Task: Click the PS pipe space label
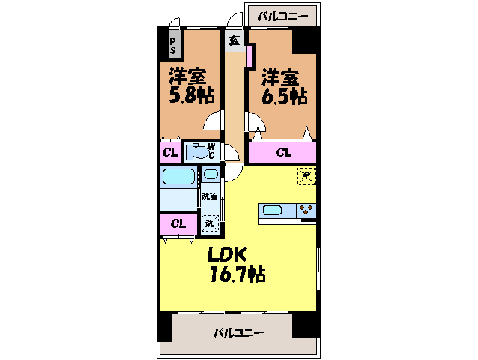[173, 46]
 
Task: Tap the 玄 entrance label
[234, 40]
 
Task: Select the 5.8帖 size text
[192, 95]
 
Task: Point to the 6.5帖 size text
[285, 96]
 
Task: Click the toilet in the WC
[196, 151]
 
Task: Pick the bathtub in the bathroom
[178, 177]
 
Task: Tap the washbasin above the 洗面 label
[211, 175]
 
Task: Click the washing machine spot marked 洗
[210, 223]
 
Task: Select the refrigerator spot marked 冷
[306, 176]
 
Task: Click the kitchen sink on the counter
[272, 211]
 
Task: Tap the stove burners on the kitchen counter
[306, 211]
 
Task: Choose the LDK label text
[227, 254]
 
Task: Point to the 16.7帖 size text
[238, 274]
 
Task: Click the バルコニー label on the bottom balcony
[238, 332]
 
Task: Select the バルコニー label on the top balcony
[283, 16]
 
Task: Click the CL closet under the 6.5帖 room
[284, 152]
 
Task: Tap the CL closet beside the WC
[170, 152]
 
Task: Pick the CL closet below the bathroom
[178, 224]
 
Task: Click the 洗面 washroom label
[210, 196]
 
